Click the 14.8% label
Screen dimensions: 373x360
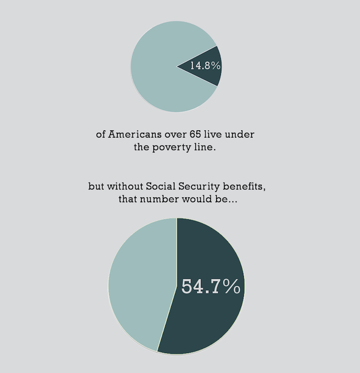point(205,66)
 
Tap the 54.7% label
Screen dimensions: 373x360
point(211,286)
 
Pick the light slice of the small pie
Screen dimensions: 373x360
point(154,66)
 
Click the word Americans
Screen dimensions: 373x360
point(137,134)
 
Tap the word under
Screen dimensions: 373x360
point(242,134)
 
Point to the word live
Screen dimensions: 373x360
point(217,134)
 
